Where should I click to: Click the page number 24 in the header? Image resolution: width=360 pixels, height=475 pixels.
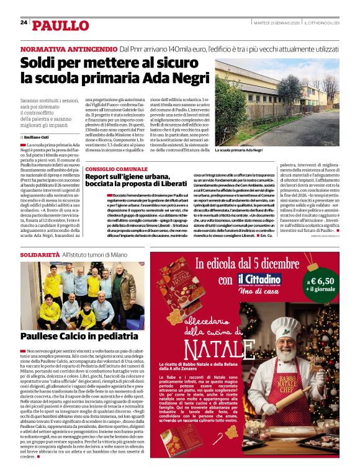tap(24, 22)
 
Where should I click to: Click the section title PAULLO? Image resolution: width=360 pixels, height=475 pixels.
tap(61, 25)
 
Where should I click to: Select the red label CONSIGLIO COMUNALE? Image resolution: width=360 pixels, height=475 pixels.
tap(117, 169)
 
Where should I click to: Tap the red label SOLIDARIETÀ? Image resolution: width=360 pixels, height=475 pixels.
tap(40, 255)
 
